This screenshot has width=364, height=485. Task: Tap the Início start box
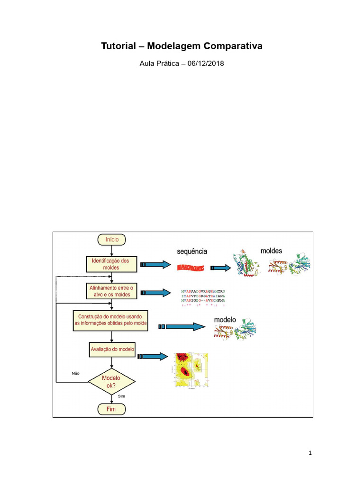point(111,240)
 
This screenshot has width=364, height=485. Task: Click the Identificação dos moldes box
point(111,264)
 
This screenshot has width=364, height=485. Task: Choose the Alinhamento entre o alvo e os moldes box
point(111,291)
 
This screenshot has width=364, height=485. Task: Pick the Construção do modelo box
point(111,320)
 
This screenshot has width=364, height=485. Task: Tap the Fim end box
point(111,409)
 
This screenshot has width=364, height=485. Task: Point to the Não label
point(75,373)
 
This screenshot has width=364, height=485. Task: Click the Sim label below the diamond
point(121,396)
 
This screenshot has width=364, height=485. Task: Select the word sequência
point(192,251)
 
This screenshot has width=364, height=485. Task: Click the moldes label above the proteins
point(272,250)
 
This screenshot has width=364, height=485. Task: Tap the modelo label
point(225,320)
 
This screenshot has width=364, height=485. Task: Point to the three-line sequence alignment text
point(203,297)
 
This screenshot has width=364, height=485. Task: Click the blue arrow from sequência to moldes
point(221,268)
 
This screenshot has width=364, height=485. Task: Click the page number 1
point(310,453)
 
